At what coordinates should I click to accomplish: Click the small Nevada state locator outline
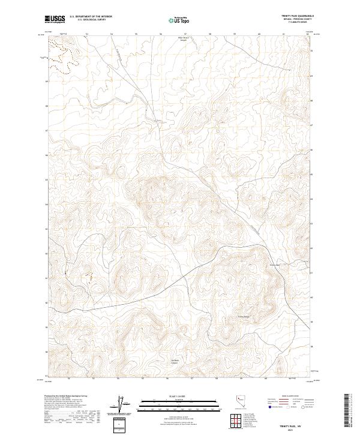pos(240,400)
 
